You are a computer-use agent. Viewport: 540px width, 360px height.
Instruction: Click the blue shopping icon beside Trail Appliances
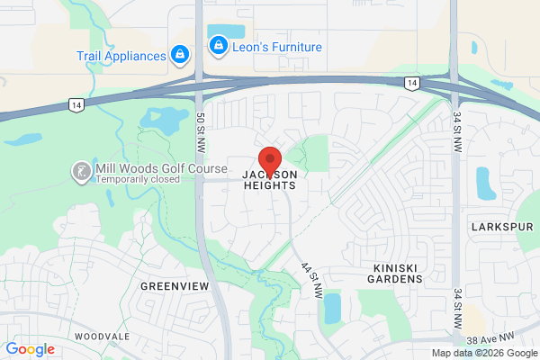pos(180,55)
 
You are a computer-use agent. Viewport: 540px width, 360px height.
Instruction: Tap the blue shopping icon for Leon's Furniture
pos(217,44)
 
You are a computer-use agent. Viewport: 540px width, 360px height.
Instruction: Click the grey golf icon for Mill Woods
pos(81,170)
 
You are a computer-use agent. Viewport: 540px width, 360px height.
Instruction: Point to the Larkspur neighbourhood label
pos(497,228)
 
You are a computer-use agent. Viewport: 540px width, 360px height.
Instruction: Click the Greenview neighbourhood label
pos(175,285)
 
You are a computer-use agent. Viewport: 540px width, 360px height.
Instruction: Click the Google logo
pos(31,349)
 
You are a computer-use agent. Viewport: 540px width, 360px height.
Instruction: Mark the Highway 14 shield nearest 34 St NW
pos(410,84)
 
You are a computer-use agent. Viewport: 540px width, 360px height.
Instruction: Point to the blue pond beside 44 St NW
pos(333,309)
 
